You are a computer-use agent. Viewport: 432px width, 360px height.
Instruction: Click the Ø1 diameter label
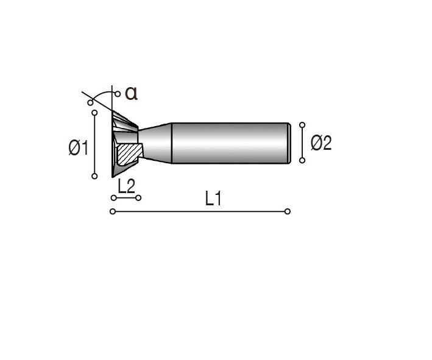click(x=79, y=147)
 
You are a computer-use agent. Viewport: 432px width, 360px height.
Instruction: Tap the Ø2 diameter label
click(x=321, y=143)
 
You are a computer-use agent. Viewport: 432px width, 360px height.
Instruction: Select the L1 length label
click(x=213, y=199)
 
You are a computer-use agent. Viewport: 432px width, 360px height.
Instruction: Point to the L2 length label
click(x=127, y=186)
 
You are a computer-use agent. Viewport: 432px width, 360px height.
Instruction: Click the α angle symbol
click(x=131, y=93)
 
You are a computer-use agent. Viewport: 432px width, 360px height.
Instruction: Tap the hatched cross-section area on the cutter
click(x=129, y=154)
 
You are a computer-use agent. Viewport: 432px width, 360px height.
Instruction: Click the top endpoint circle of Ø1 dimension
click(x=94, y=113)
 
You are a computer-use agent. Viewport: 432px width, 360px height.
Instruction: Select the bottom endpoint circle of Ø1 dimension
click(x=94, y=176)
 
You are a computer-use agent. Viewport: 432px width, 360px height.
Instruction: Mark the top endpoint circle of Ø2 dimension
click(x=302, y=125)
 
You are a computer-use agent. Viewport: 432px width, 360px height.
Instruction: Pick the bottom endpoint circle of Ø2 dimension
click(x=302, y=160)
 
